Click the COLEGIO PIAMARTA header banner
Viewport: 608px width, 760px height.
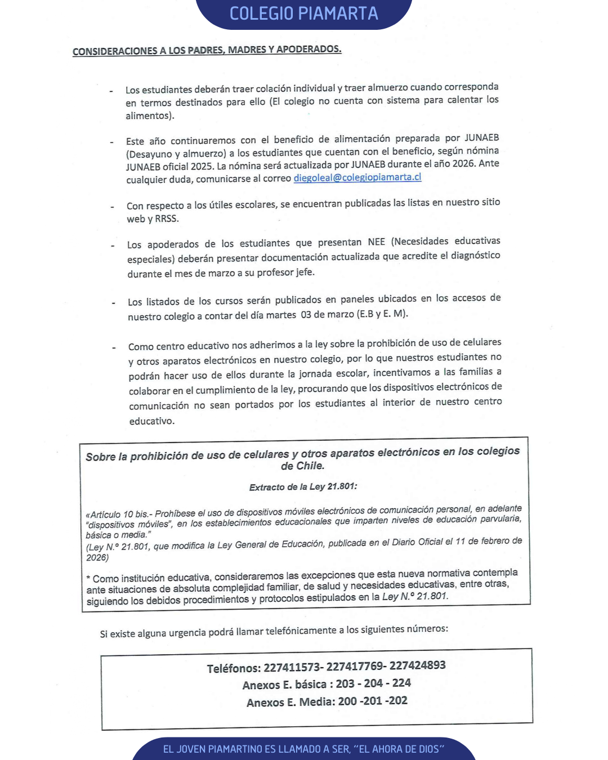pyautogui.click(x=304, y=14)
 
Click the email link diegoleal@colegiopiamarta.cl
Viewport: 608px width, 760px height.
pyautogui.click(x=357, y=177)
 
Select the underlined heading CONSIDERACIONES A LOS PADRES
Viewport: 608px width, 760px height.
pyautogui.click(x=207, y=50)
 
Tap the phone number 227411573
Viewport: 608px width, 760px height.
pyautogui.click(x=292, y=668)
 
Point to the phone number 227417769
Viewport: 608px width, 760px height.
pyautogui.click(x=355, y=667)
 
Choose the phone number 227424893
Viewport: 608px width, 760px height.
pyautogui.click(x=417, y=665)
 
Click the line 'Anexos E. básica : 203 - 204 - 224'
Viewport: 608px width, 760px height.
pyautogui.click(x=327, y=684)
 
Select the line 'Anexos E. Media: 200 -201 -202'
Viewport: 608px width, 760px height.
pyautogui.click(x=327, y=702)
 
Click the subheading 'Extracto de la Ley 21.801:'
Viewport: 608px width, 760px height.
pyautogui.click(x=303, y=487)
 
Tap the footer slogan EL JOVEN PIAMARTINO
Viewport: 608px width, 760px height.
pyautogui.click(x=304, y=749)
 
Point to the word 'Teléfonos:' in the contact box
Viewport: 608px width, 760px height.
pyautogui.click(x=234, y=669)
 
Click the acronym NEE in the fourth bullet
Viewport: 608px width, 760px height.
pyautogui.click(x=377, y=242)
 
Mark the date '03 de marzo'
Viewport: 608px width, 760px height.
pyautogui.click(x=328, y=314)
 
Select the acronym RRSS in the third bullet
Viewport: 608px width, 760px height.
pyautogui.click(x=167, y=219)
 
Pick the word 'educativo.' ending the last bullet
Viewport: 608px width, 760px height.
pyautogui.click(x=152, y=421)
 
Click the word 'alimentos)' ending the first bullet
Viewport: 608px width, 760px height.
pyautogui.click(x=150, y=116)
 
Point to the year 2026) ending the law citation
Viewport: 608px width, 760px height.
pyautogui.click(x=97, y=558)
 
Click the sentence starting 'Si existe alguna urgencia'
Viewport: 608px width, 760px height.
pyautogui.click(x=274, y=632)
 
